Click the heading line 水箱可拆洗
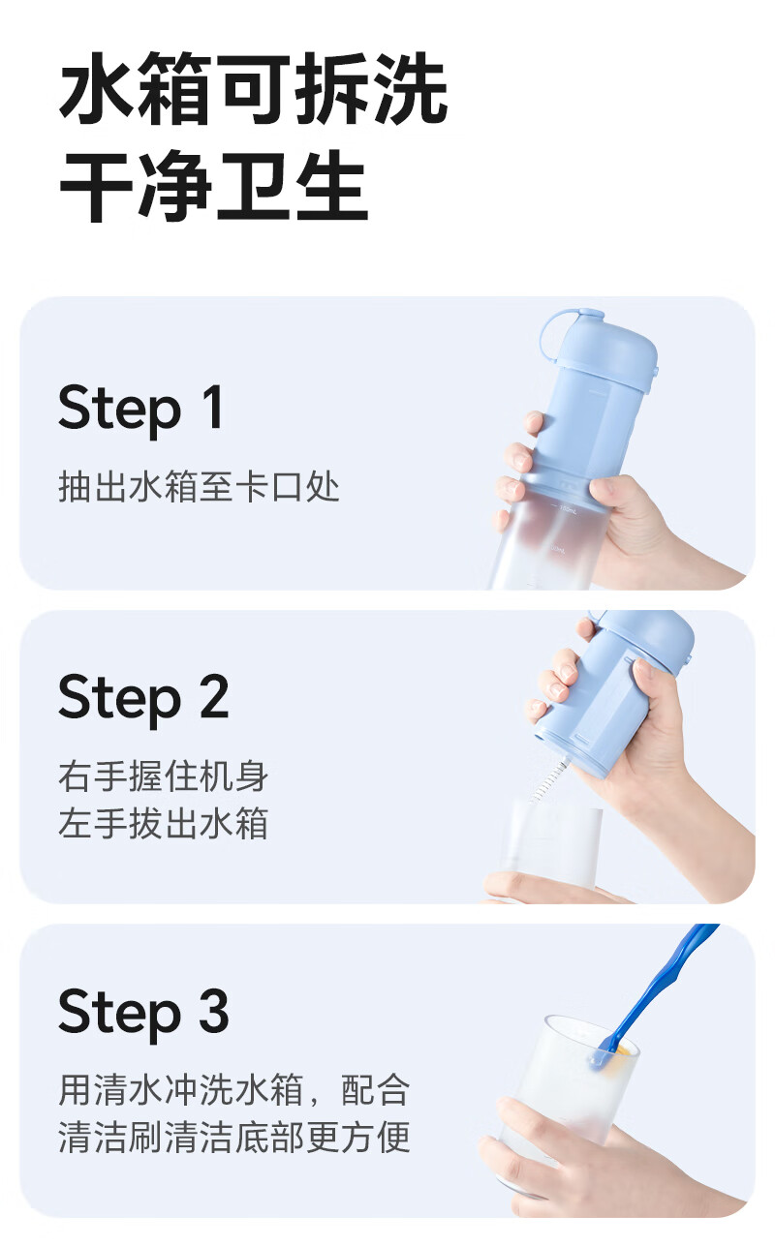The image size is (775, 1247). pos(254,88)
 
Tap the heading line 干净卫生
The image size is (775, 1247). pos(213,186)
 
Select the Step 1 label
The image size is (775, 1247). pos(141,408)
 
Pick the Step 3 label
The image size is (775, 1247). pos(143,1012)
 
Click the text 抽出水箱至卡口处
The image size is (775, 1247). pos(199,487)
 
